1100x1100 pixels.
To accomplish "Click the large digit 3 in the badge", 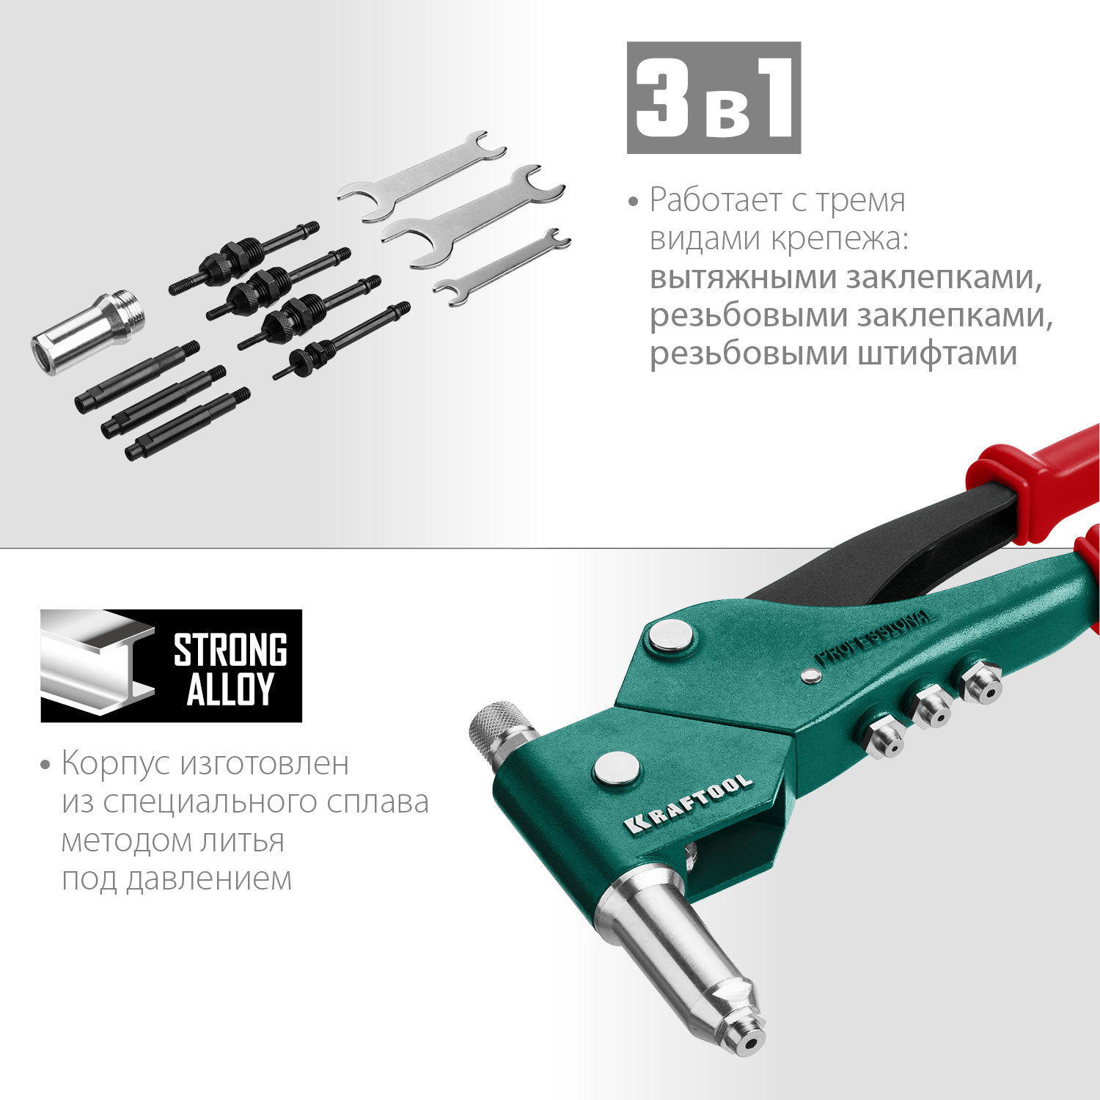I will click(662, 98).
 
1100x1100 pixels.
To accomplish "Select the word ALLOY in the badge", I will click(230, 689).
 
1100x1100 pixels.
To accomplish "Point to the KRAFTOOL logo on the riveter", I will click(689, 803).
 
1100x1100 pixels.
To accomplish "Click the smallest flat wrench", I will click(501, 267).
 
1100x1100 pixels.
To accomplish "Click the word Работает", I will click(703, 200).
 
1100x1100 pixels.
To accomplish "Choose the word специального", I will click(210, 802).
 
